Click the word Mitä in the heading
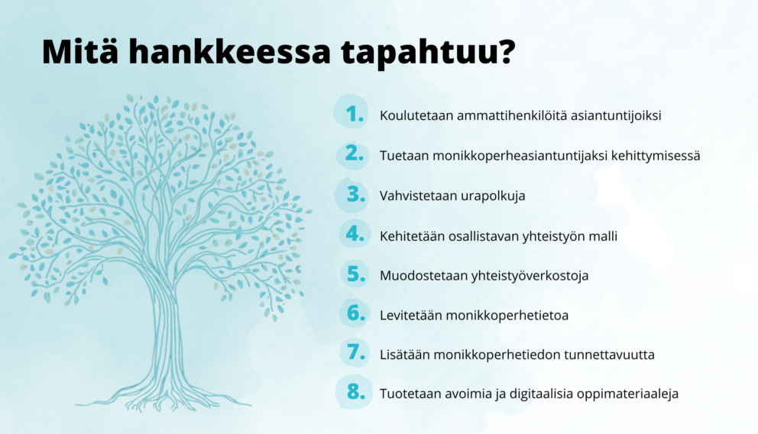click(79, 51)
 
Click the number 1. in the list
click(355, 115)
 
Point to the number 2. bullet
click(355, 154)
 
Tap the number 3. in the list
click(355, 195)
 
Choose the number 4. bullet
click(355, 235)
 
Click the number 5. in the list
click(355, 274)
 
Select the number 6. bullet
click(355, 314)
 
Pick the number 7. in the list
click(355, 354)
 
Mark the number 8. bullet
click(355, 394)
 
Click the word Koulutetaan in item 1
click(416, 116)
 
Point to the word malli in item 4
click(601, 235)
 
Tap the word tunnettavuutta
click(608, 355)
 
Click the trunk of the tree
click(164, 336)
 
